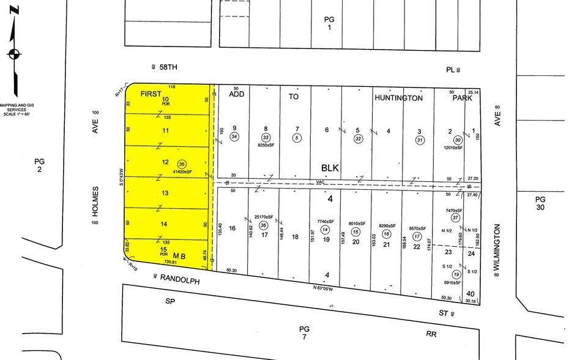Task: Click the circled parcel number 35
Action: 181,164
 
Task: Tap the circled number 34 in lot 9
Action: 234,137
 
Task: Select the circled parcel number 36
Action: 264,225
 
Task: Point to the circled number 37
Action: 455,218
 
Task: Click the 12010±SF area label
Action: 453,148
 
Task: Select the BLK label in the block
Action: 330,168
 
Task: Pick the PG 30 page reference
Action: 540,203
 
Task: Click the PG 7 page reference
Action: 304,332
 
